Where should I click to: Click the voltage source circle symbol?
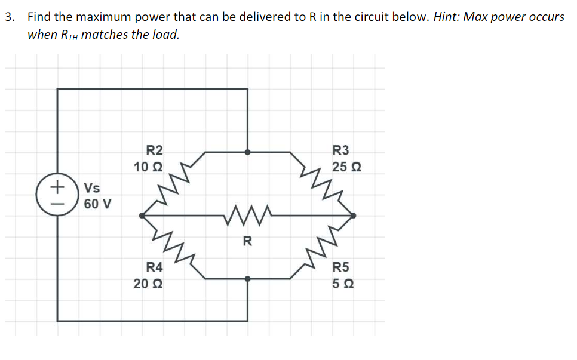click(57, 195)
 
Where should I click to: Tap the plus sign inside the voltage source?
click(57, 187)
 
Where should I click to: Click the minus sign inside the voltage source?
click(57, 203)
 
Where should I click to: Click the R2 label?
click(154, 150)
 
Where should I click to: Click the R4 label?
click(154, 267)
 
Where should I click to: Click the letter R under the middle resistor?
click(248, 242)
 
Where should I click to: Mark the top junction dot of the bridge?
click(248, 152)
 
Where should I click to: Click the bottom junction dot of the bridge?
click(248, 278)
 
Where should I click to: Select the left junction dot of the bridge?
click(142, 215)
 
